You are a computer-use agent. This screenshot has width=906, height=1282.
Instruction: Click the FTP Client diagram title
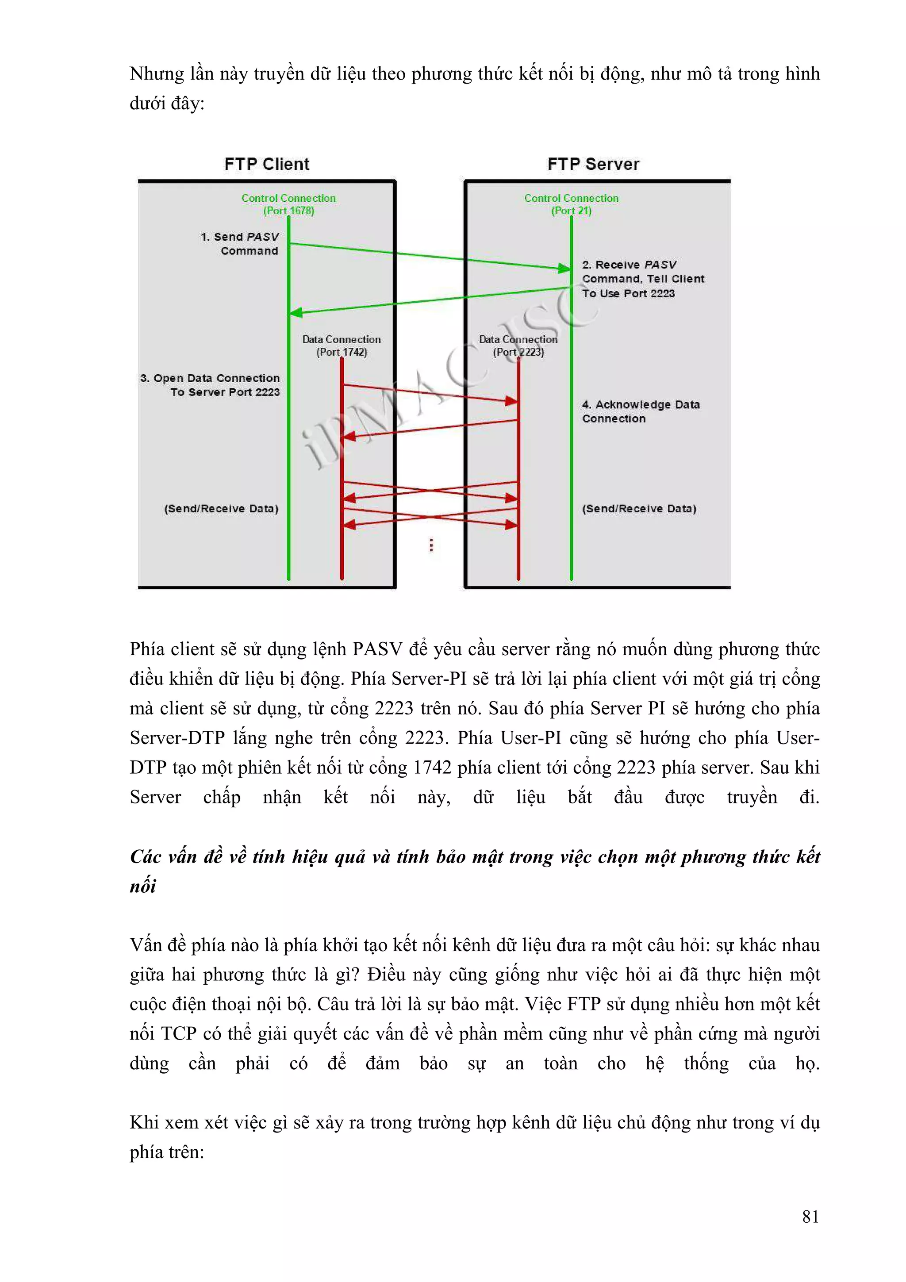pos(266,164)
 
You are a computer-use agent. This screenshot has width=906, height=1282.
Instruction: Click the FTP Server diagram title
pos(593,164)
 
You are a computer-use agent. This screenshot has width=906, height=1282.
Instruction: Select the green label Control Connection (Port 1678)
pos(288,204)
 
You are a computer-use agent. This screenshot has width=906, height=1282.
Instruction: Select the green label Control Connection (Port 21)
pos(571,204)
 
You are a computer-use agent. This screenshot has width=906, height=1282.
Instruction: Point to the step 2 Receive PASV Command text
pos(642,279)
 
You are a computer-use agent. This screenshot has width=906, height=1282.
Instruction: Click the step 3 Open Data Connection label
pos(211,385)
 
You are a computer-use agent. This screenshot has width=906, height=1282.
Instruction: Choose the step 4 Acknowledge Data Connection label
pos(640,411)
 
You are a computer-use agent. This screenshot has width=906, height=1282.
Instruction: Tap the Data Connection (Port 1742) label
pos(341,345)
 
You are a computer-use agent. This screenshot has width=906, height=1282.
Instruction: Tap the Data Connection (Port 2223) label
pos(518,345)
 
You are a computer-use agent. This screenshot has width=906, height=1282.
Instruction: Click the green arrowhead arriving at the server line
pos(564,269)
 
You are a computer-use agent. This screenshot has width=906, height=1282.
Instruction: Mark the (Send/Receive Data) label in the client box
pos(221,509)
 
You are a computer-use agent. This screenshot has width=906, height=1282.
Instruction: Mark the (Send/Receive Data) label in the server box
pos(639,509)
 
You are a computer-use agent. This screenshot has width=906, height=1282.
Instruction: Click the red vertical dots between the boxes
pos(431,545)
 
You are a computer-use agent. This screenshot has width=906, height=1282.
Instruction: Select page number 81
pos(810,1216)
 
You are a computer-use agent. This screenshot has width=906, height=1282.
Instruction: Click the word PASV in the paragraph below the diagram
pos(377,649)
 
